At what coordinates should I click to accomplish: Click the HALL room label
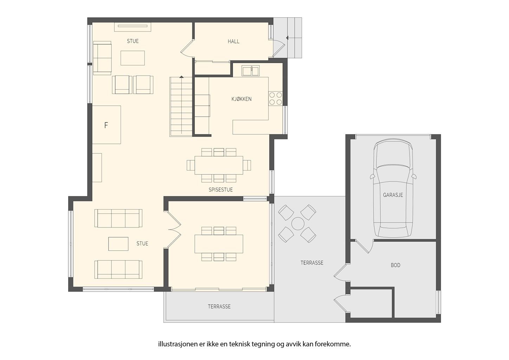click(233, 41)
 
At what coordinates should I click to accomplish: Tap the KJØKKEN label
click(241, 99)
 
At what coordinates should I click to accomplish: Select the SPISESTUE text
click(221, 190)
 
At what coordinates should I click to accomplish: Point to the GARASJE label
click(393, 195)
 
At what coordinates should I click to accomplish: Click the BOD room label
click(395, 265)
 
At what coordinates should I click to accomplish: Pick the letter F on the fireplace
click(106, 125)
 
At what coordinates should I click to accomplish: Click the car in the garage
click(393, 188)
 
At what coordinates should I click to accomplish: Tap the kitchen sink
click(251, 70)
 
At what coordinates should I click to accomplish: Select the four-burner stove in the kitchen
click(275, 99)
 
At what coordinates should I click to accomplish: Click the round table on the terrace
click(297, 224)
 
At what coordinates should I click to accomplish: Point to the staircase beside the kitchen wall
click(181, 107)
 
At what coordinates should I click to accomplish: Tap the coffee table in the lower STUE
click(118, 244)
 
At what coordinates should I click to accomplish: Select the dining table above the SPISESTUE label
click(219, 165)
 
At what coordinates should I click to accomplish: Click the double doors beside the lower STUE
click(174, 230)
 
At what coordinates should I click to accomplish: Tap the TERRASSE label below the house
click(219, 307)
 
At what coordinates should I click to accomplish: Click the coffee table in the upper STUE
click(133, 58)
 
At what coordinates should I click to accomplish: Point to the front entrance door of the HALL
click(279, 48)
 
